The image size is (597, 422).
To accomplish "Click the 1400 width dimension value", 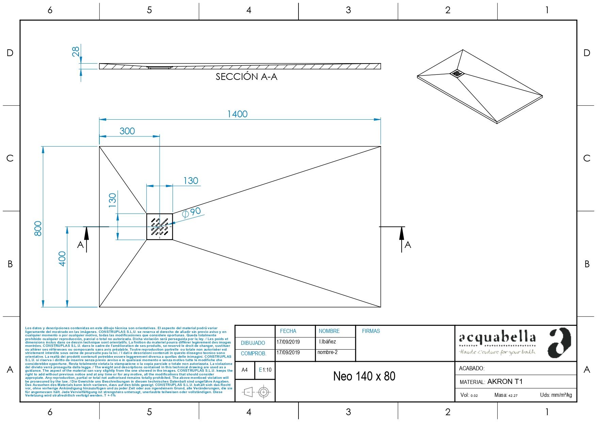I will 237,114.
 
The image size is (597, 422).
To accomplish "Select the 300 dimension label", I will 127,131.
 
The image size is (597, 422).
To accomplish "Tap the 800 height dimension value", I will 38,228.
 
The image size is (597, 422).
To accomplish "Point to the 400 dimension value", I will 62,258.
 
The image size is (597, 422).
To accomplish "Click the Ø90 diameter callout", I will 192,212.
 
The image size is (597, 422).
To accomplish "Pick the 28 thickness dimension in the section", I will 76,51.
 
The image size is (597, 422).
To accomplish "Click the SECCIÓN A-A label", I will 246,77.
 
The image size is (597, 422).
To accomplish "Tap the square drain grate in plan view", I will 160,227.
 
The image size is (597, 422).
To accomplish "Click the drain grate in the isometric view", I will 457,73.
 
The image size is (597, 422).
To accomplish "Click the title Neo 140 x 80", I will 364,376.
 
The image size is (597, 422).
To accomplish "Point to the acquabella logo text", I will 497,338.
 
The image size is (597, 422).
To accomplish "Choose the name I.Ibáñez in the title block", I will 327,342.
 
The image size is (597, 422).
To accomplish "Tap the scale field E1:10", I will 265,370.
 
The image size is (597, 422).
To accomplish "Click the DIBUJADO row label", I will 253,343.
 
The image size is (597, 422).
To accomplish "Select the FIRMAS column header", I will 371,331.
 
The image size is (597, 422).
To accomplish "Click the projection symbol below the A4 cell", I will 256,392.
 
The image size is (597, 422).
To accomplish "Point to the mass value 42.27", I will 513,395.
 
